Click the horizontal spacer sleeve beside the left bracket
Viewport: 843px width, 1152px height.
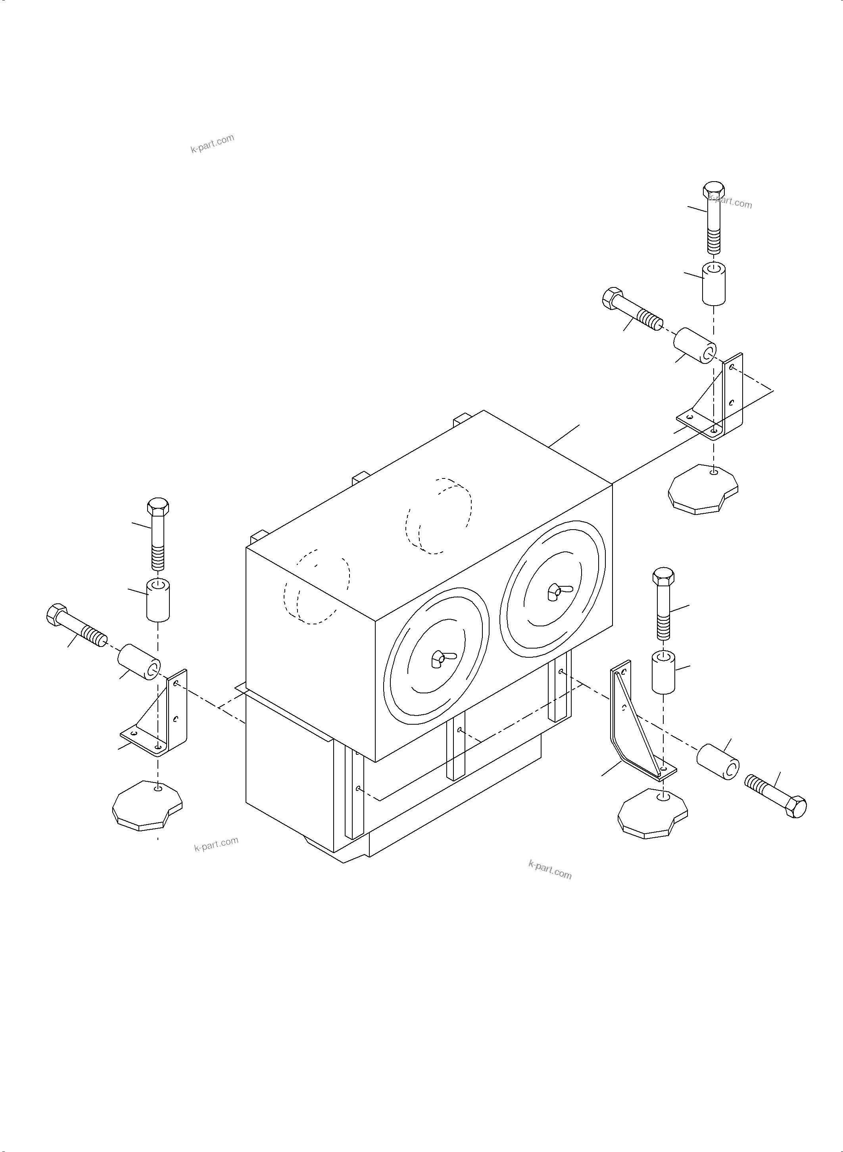coord(139,661)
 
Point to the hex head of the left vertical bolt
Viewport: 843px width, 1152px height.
coord(157,507)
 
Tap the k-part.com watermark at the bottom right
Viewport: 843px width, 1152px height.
coord(550,869)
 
